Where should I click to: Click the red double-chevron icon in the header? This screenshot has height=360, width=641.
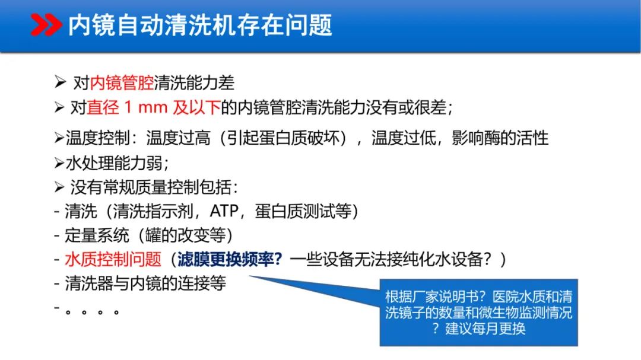tap(46, 26)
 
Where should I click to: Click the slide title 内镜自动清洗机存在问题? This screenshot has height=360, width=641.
tap(200, 26)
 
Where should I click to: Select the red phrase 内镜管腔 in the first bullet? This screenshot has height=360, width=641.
tap(121, 82)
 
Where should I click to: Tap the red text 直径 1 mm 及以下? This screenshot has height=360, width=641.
tap(154, 108)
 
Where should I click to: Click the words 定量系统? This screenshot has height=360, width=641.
tap(97, 235)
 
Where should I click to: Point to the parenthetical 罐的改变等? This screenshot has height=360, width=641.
tap(188, 235)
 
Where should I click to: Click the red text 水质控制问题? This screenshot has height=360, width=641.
tap(113, 260)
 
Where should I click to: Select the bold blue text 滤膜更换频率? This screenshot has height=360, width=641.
tap(229, 260)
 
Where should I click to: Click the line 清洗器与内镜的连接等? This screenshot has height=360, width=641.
tap(145, 283)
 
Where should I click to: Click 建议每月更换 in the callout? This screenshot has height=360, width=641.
tap(485, 328)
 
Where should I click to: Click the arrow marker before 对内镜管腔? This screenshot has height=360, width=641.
tap(59, 82)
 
